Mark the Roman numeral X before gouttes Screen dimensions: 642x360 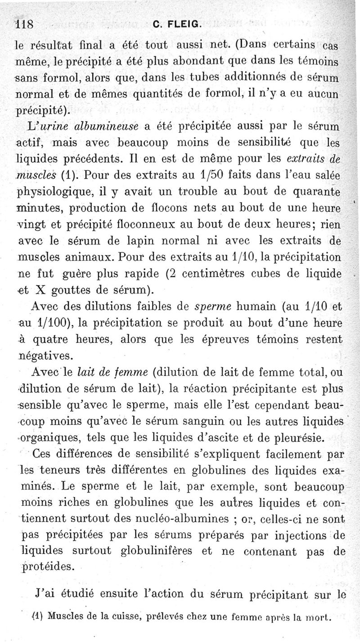point(47,289)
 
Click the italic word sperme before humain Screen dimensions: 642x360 point(211,307)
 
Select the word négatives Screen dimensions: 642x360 point(45,356)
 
